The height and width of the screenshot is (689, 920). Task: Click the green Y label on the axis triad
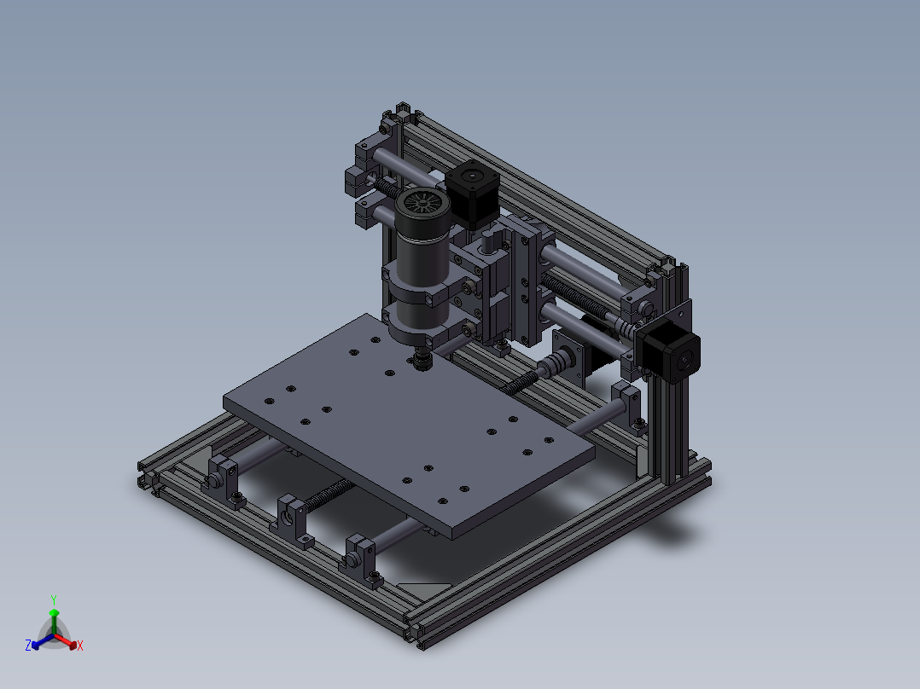(54, 599)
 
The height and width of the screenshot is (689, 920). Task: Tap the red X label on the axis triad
(80, 646)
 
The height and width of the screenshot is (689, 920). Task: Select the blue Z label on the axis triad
(28, 645)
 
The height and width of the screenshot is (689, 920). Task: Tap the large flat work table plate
(409, 426)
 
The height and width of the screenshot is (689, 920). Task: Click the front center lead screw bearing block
(292, 520)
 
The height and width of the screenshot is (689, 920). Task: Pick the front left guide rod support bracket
(224, 480)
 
